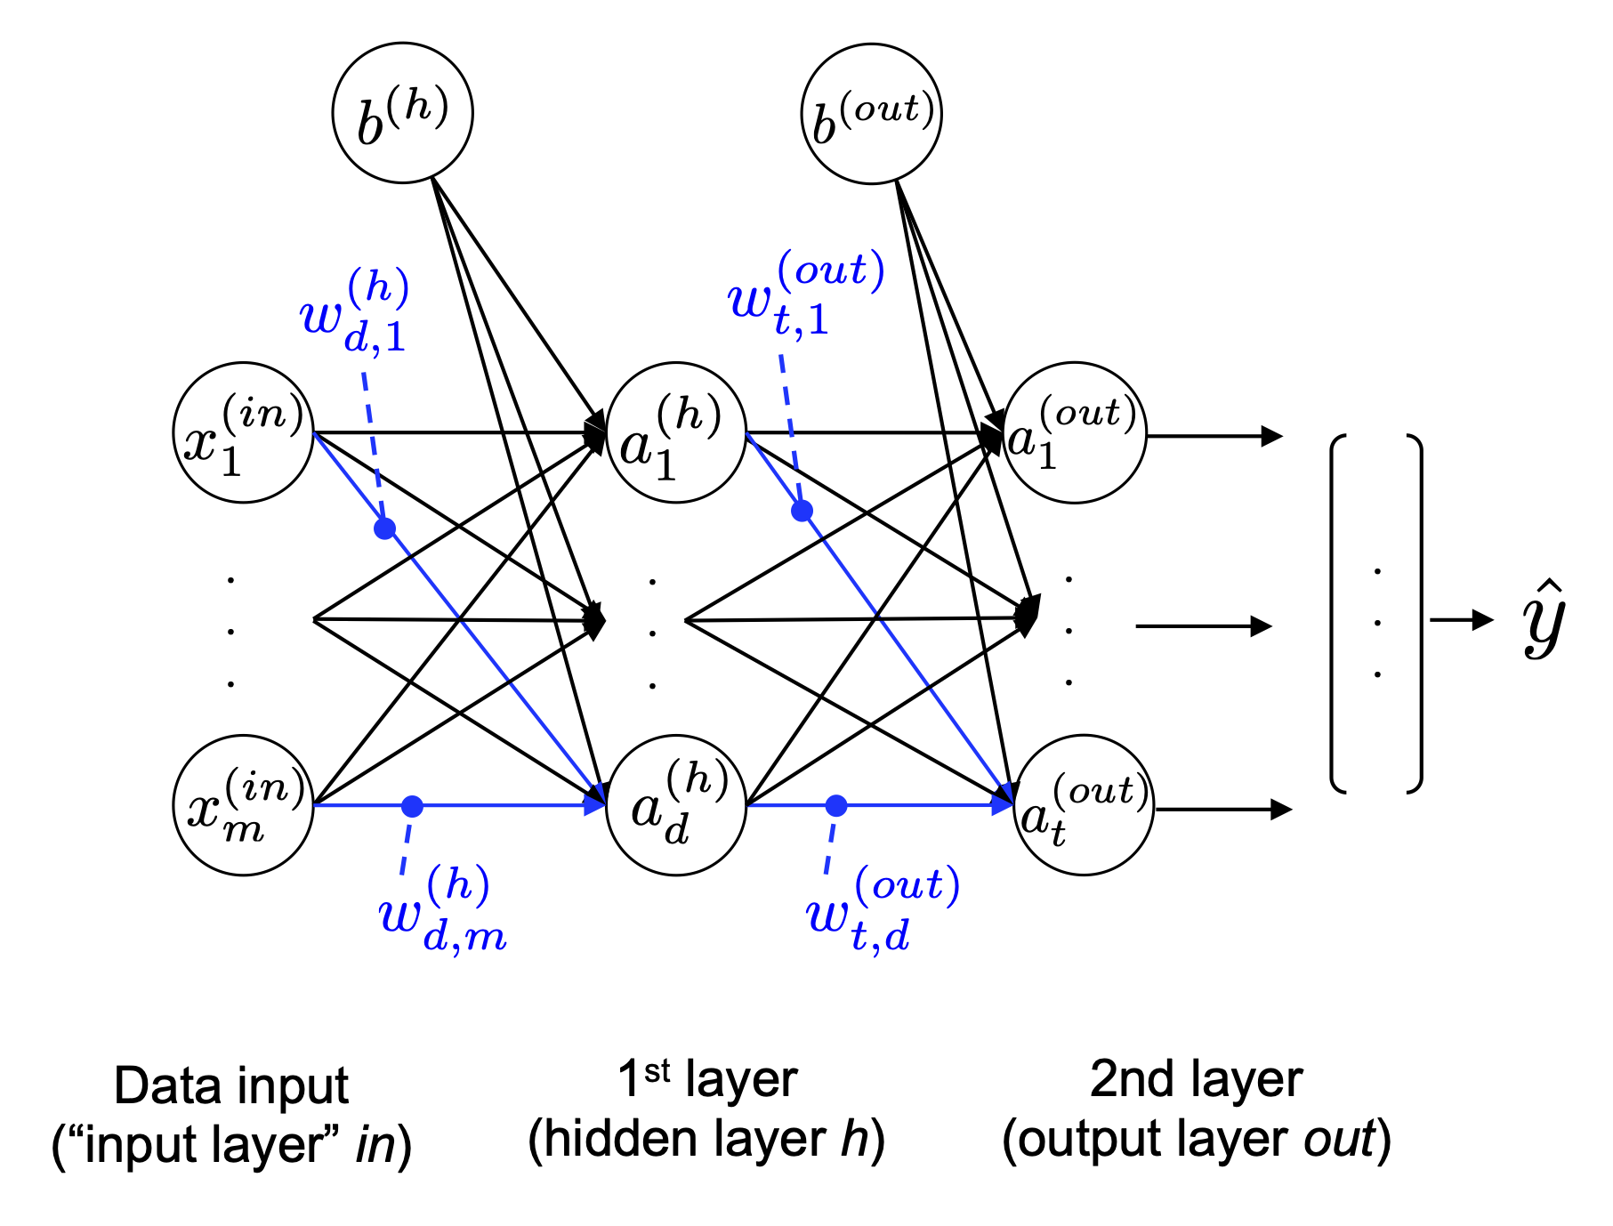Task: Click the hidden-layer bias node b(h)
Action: (x=402, y=113)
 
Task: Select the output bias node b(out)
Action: (x=871, y=114)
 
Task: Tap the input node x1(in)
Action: (x=243, y=432)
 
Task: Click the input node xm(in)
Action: (x=243, y=805)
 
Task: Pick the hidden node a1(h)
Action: (x=675, y=432)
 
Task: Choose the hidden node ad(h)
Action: (x=675, y=805)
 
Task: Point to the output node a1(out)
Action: (x=1075, y=432)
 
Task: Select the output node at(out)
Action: (x=1083, y=805)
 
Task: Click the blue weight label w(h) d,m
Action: (x=442, y=911)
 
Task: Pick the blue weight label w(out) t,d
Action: (x=881, y=911)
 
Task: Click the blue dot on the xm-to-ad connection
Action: (x=412, y=806)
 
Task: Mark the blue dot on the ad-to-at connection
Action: (x=836, y=806)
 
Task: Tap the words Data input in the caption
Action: (x=231, y=1086)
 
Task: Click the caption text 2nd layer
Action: (x=1196, y=1080)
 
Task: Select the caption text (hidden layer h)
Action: (x=706, y=1140)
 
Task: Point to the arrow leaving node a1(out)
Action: (x=1214, y=436)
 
